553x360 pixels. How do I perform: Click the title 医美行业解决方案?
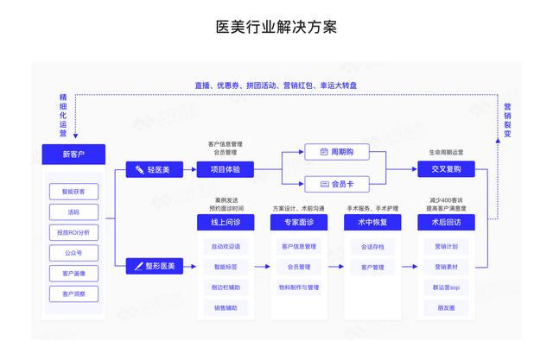point(276,27)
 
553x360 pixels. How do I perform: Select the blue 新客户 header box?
point(73,155)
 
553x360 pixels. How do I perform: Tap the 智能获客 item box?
point(73,191)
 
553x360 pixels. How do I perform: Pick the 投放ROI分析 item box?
point(73,232)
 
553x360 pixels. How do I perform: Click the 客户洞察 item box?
point(73,294)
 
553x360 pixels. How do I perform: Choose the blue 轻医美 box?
point(153,170)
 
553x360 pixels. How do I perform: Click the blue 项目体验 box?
point(226,170)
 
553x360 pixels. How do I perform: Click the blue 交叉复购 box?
point(446,170)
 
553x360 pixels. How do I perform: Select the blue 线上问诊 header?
point(226,223)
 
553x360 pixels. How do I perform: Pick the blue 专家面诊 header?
point(299,223)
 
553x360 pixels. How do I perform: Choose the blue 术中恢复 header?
point(372,223)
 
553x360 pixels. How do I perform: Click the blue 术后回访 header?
point(446,223)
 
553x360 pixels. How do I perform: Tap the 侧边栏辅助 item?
point(226,287)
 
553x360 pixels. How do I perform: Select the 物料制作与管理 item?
point(299,287)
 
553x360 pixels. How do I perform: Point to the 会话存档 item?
point(372,246)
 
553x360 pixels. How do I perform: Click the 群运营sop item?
point(446,287)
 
